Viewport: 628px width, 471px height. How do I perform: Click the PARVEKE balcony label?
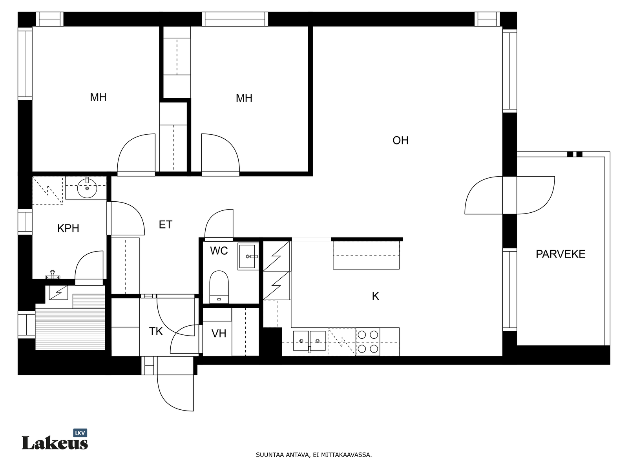pos(560,254)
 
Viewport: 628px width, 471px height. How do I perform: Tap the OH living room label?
pos(400,141)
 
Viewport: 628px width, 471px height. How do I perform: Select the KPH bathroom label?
pos(68,228)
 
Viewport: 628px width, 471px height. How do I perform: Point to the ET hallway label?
pos(165,225)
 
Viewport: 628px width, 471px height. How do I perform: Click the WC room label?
pos(219,251)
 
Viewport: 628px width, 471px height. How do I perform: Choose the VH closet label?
pos(219,334)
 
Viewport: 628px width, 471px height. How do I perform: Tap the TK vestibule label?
pos(156,331)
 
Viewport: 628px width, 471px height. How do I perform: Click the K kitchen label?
pos(375,296)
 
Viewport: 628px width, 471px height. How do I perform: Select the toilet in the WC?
pos(219,287)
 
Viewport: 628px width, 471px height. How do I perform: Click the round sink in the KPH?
pos(87,188)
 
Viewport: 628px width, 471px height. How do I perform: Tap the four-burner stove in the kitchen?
pos(368,342)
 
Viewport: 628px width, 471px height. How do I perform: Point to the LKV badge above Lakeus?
pos(80,433)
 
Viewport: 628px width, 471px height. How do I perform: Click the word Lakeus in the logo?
pos(55,443)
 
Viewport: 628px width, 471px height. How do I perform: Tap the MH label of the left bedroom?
pos(98,97)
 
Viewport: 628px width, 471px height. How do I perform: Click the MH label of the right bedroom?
pos(244,99)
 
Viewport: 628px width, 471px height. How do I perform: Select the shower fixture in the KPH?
pos(52,275)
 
